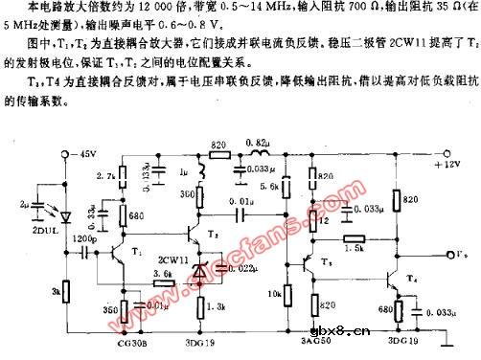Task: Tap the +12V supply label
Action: click(448, 164)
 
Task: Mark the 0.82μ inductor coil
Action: click(258, 158)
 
